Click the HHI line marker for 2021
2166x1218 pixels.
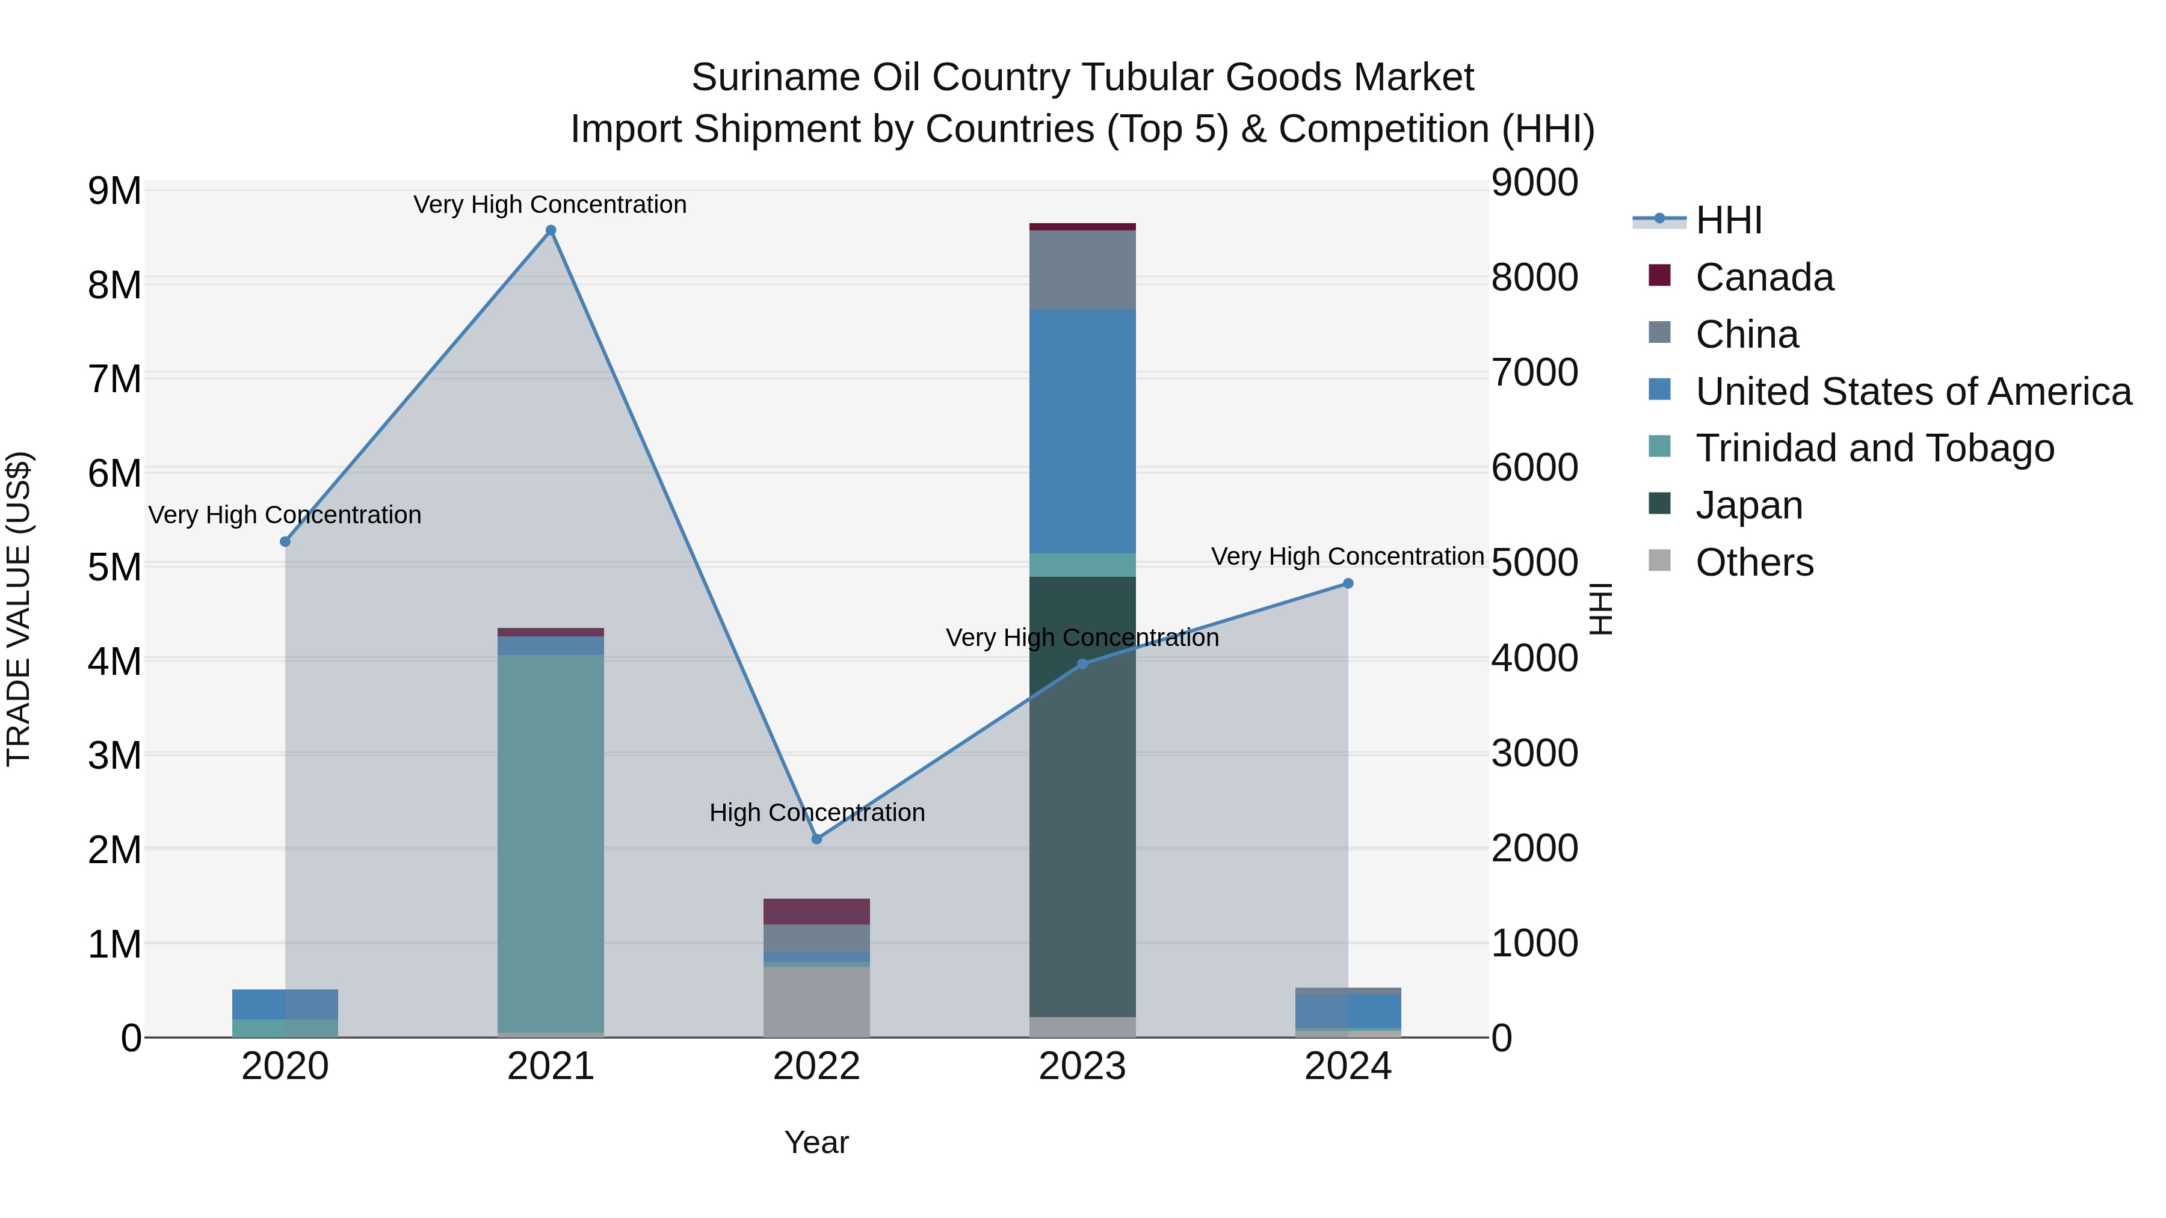click(x=551, y=230)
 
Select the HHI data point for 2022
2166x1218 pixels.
click(x=816, y=839)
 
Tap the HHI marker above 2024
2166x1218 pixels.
click(x=1348, y=583)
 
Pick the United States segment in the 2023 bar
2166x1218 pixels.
click(x=1082, y=431)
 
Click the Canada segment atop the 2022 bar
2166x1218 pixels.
click(x=816, y=911)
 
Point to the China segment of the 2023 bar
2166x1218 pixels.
click(x=1082, y=269)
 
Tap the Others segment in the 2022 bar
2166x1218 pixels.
click(x=816, y=1002)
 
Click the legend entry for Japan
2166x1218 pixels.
click(x=1749, y=505)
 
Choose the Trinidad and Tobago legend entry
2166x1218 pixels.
click(x=1874, y=448)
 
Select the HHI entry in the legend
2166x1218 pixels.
click(x=1728, y=220)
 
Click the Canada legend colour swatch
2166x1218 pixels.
click(x=1660, y=275)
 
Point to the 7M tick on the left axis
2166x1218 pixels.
click(x=114, y=379)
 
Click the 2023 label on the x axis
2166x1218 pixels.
click(x=1082, y=1066)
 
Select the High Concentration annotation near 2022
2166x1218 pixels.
click(x=816, y=813)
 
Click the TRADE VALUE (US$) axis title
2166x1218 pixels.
click(x=19, y=609)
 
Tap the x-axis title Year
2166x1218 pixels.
click(x=816, y=1142)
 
